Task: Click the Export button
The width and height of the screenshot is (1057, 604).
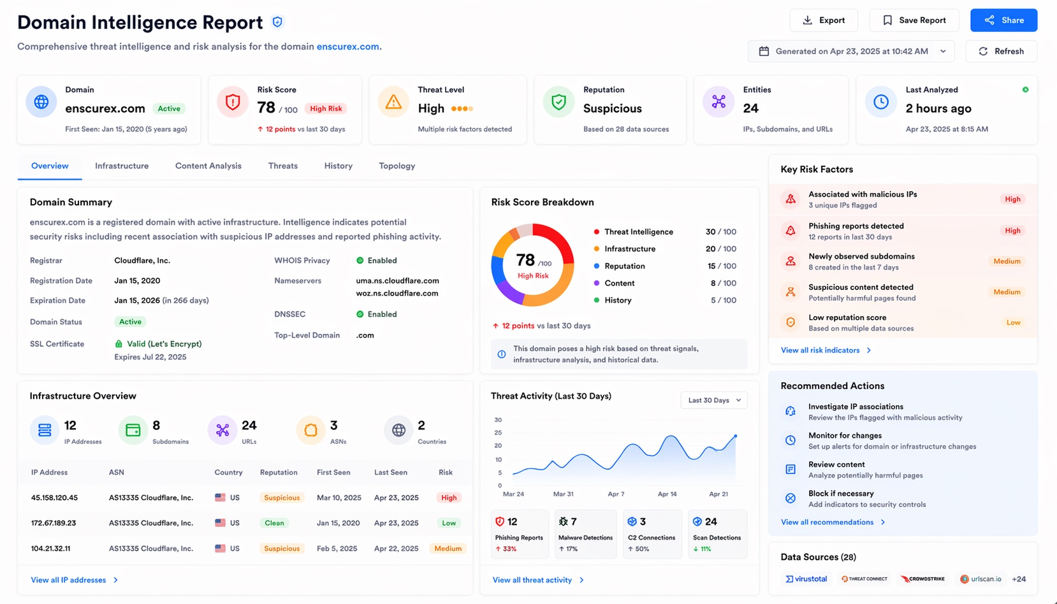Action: coord(823,20)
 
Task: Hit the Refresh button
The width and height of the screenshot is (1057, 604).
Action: coord(1001,51)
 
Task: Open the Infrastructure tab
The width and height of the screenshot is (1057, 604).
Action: coord(122,166)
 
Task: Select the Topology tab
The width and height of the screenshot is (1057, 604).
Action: coord(397,166)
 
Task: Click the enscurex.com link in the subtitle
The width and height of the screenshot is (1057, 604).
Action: coord(348,47)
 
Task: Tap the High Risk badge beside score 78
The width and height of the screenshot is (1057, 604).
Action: coord(326,108)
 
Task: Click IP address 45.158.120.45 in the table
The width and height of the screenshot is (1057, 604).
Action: coord(54,498)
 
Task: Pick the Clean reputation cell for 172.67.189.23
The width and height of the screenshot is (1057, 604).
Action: coord(274,523)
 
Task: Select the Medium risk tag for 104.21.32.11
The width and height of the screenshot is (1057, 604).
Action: coord(448,549)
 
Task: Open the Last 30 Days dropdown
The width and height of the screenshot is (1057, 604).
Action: coord(713,400)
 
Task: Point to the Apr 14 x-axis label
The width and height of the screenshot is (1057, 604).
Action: coord(667,494)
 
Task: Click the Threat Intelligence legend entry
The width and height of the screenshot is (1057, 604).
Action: coord(638,232)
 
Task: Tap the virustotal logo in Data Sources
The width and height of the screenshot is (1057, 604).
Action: coord(806,579)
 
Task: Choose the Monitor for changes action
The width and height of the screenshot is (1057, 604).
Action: coord(845,436)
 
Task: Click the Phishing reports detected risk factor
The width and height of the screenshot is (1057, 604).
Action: coord(856,226)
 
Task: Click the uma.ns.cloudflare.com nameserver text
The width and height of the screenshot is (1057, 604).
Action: coord(397,280)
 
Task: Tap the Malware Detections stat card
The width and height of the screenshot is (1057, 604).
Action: coord(585,534)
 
